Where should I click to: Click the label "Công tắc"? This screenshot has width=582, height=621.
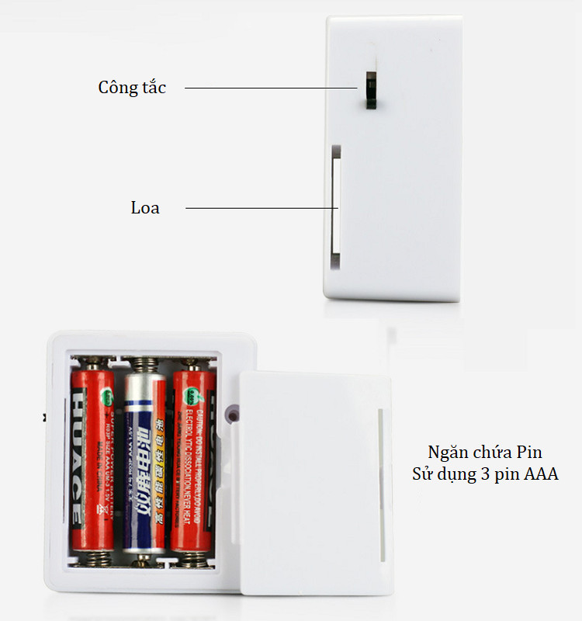click(132, 87)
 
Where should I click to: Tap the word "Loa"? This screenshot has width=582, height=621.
click(145, 207)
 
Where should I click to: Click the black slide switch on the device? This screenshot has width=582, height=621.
click(370, 89)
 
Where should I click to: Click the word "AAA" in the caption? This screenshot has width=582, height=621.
click(540, 474)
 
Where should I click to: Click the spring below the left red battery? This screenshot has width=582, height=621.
click(92, 557)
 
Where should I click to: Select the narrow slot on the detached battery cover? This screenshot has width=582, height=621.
click(379, 485)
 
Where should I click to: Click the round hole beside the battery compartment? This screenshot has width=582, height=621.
click(231, 415)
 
